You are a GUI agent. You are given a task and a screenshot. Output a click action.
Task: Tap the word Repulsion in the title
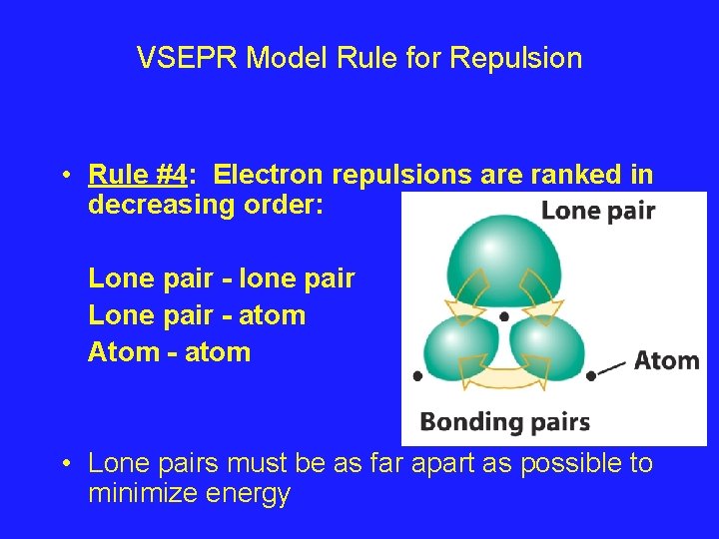(x=515, y=58)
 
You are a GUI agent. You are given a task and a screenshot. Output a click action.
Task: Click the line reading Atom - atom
(x=169, y=351)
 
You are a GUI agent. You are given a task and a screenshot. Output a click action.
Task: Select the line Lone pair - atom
(x=197, y=315)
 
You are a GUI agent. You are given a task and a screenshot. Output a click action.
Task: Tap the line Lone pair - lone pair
(x=221, y=278)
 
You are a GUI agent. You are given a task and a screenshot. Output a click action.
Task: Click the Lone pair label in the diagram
(x=597, y=211)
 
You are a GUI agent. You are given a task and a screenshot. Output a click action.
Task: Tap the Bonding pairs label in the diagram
(x=504, y=421)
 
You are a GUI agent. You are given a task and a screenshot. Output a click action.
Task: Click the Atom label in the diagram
(x=666, y=360)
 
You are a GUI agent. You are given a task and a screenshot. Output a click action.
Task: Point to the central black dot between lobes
(x=504, y=316)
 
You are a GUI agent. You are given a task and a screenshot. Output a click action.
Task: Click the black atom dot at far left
(x=417, y=376)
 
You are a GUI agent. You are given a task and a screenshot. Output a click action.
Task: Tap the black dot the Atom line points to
(x=591, y=376)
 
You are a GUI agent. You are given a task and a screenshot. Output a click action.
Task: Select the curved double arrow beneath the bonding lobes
(x=504, y=379)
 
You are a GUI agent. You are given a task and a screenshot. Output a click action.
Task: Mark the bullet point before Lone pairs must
(x=64, y=464)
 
